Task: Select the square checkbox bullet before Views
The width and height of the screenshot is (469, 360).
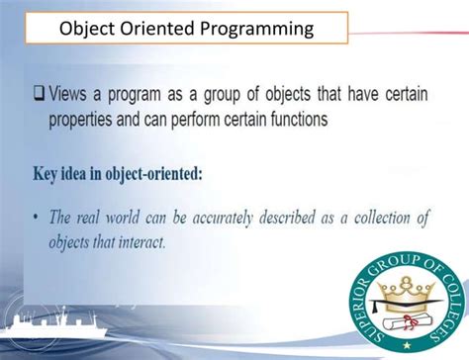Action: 40,96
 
